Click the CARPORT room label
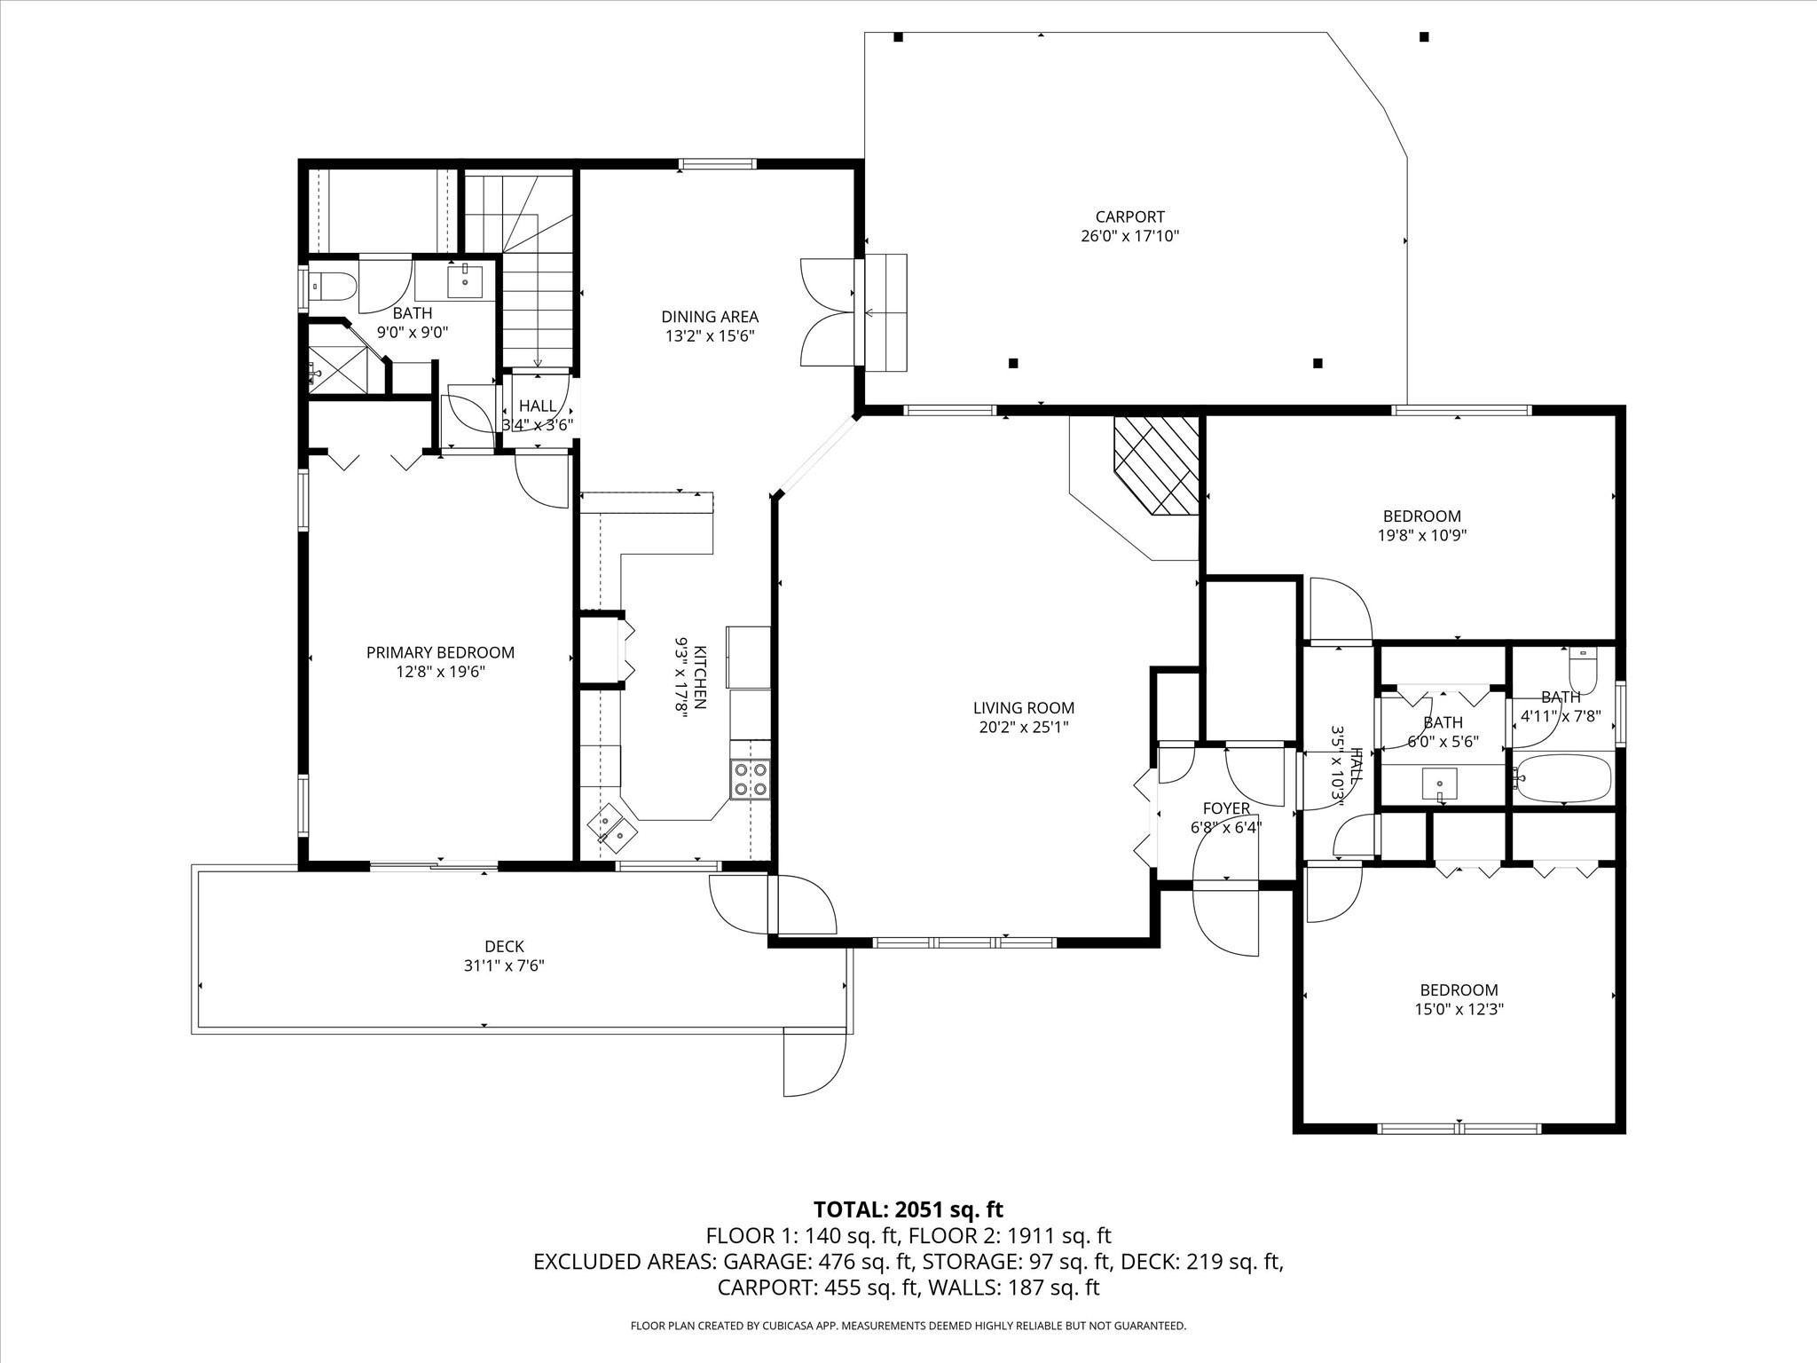pos(1129,217)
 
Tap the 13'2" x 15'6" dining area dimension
pos(710,336)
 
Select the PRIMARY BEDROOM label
pos(440,652)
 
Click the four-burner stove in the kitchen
pos(751,779)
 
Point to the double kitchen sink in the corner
pos(612,827)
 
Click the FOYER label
pos(1226,808)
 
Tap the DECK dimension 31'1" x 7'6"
pos(504,965)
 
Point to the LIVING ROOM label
pos(1024,708)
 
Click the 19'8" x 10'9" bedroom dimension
pos(1421,535)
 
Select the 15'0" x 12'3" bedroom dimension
pos(1459,1009)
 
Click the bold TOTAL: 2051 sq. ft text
pos(908,1209)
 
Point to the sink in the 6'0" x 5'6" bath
pos(1439,784)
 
